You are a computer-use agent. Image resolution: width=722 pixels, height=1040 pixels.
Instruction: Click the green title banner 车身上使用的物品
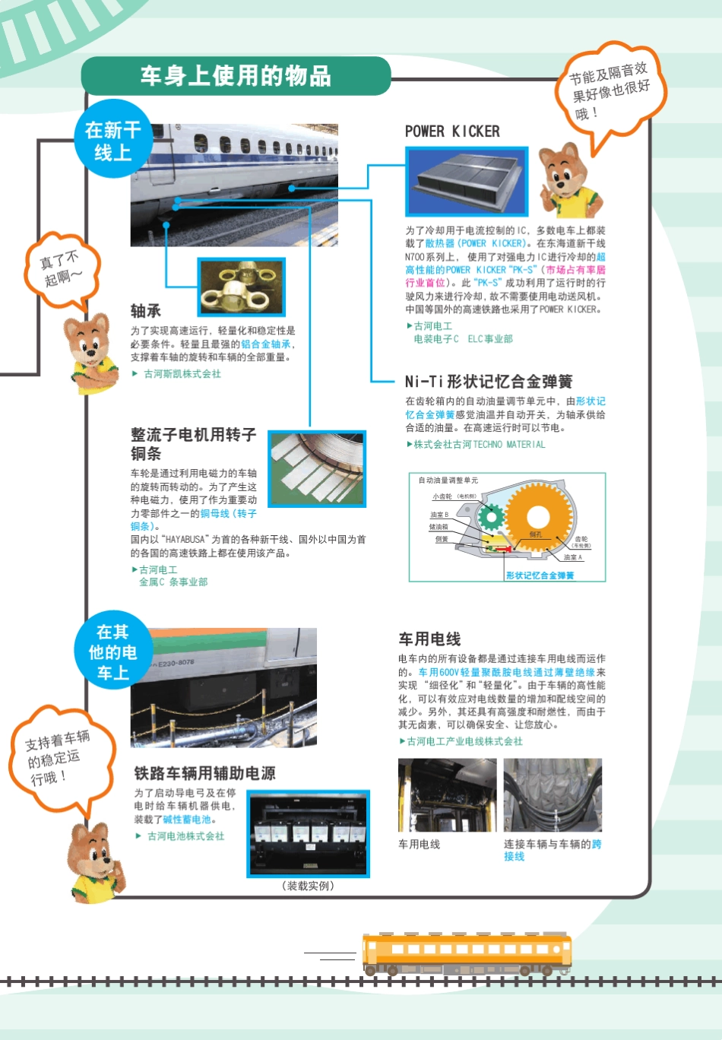236,76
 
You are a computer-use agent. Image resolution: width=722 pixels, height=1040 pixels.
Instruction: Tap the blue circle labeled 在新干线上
113,141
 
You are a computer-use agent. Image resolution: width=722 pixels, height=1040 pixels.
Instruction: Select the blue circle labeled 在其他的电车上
112,652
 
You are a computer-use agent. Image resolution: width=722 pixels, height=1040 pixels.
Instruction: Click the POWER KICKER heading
452,132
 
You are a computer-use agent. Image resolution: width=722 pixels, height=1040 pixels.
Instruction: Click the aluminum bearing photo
242,287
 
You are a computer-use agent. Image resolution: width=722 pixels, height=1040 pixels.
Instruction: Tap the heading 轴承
146,311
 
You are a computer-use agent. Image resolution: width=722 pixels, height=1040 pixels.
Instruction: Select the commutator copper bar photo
317,469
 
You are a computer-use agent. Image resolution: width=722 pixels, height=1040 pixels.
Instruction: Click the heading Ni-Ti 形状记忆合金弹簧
488,382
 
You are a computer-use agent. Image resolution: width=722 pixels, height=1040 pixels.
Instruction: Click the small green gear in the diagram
491,518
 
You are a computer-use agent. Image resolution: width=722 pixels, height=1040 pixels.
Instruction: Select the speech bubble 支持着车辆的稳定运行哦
59,757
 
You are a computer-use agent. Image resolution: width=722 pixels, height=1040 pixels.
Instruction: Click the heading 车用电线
429,639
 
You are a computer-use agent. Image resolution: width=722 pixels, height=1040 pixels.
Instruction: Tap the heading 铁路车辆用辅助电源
204,773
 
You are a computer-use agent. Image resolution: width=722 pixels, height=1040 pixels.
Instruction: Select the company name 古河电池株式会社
185,836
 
